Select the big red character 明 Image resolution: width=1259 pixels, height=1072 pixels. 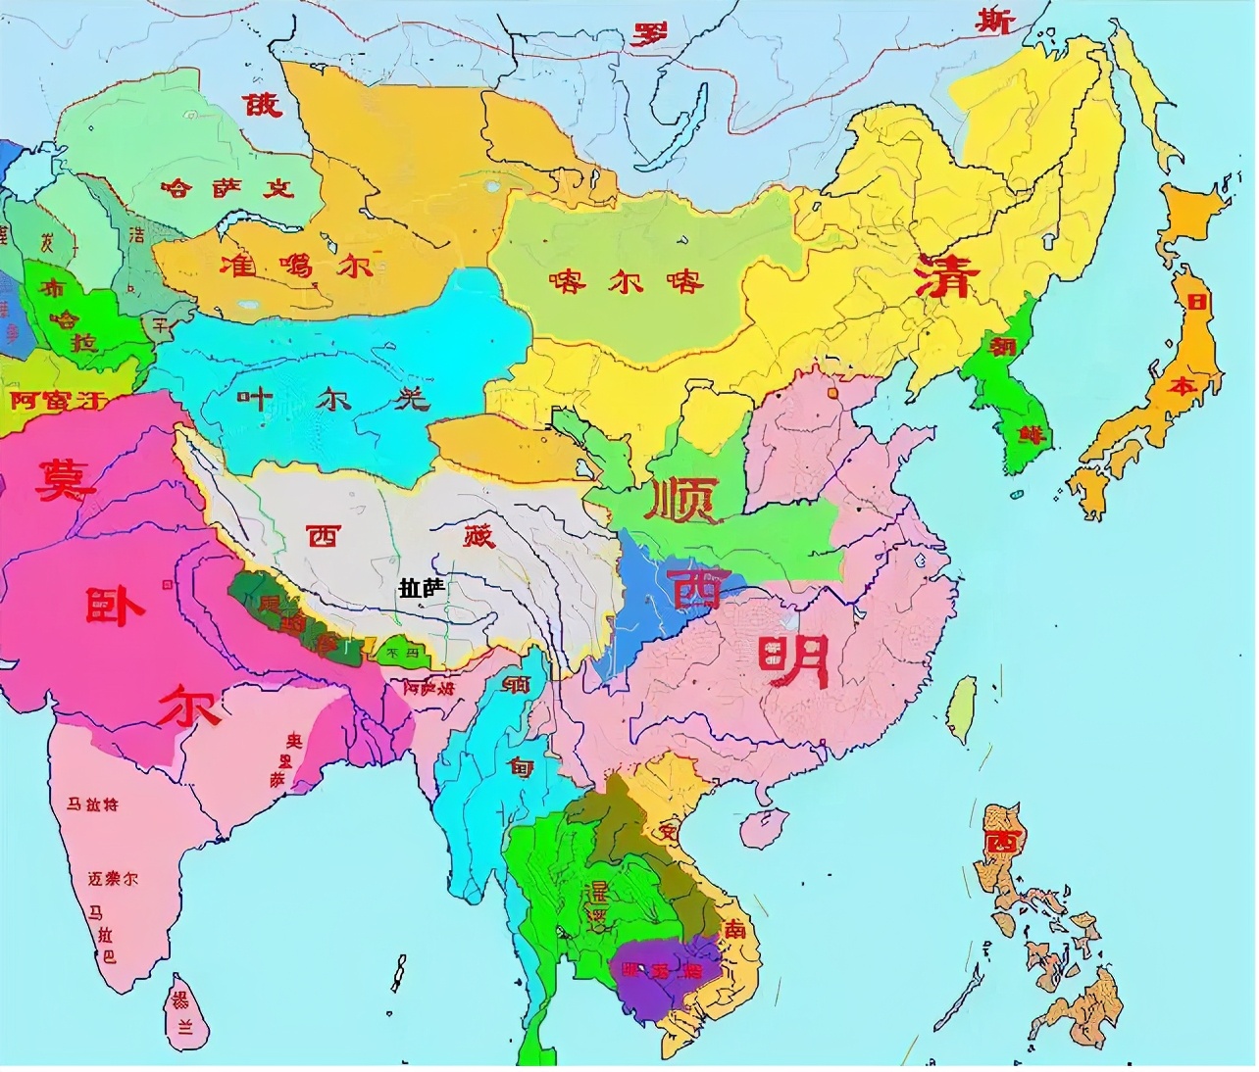pyautogui.click(x=793, y=662)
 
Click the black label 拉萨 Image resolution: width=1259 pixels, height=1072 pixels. pyautogui.click(x=422, y=588)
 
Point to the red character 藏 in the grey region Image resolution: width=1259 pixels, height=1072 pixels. pyautogui.click(x=479, y=535)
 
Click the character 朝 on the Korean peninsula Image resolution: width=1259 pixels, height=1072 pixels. pyautogui.click(x=1003, y=346)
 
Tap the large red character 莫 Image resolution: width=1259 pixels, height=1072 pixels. pyautogui.click(x=65, y=479)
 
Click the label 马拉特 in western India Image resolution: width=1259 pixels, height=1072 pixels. pyautogui.click(x=92, y=804)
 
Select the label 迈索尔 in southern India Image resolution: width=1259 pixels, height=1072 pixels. pyautogui.click(x=113, y=879)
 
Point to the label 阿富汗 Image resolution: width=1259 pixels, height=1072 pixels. pyautogui.click(x=57, y=401)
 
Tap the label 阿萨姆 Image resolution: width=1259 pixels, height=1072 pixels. pyautogui.click(x=428, y=689)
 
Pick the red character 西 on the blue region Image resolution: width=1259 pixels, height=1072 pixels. pyautogui.click(x=697, y=588)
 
